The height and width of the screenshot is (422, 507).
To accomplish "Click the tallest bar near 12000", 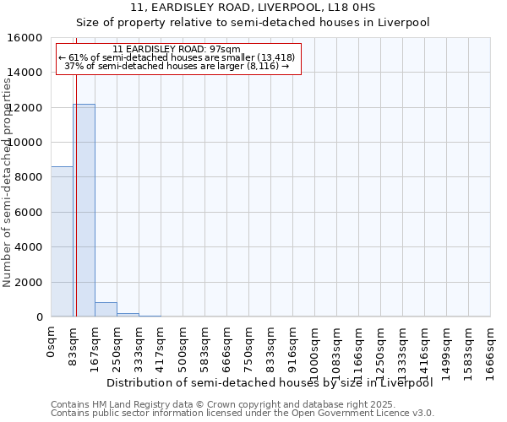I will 84,210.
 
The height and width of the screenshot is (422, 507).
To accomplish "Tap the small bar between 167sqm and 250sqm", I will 106,309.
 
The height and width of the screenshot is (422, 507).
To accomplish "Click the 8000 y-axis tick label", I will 28,177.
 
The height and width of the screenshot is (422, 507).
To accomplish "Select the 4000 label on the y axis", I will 28,247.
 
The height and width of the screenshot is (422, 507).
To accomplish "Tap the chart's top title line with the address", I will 253,8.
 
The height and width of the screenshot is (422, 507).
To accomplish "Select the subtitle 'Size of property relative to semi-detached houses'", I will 253,23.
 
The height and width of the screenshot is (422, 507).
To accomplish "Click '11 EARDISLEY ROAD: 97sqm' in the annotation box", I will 177,49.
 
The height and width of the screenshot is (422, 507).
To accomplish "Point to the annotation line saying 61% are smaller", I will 177,57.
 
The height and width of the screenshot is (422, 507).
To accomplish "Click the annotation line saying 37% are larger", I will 177,66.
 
